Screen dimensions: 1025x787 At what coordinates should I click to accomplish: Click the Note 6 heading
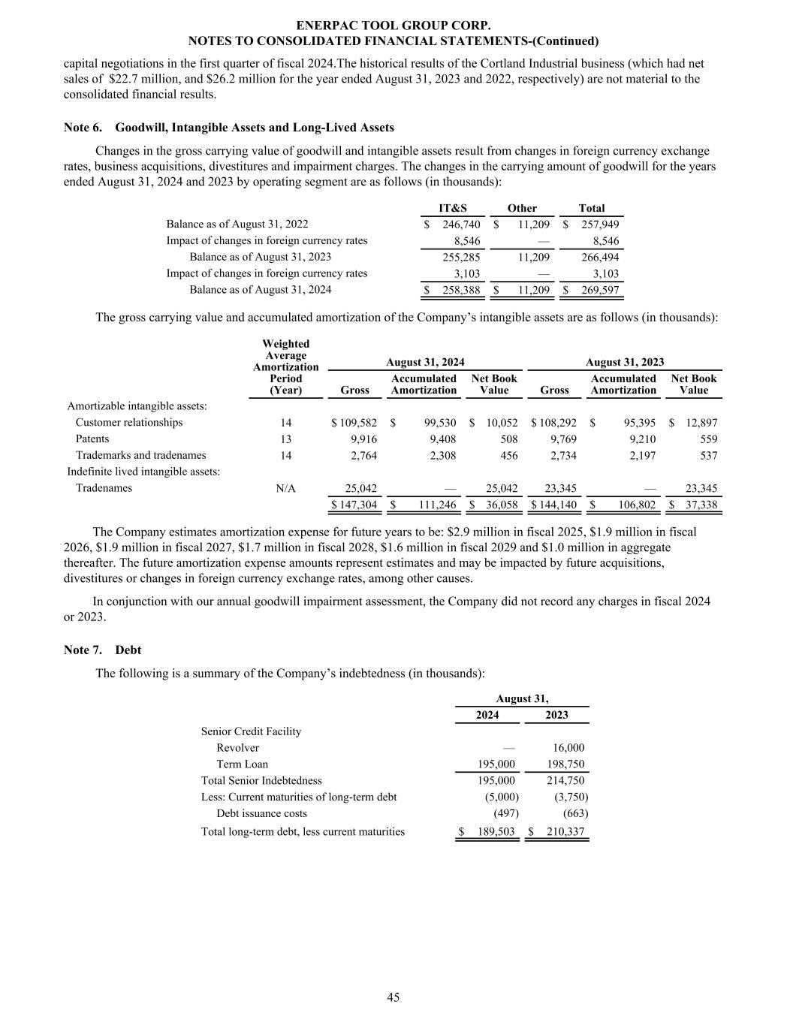point(228,128)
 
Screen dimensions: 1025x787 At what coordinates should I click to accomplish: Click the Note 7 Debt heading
point(102,650)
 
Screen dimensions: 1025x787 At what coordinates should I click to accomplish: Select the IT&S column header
point(452,208)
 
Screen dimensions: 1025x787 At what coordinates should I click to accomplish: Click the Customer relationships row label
point(128,422)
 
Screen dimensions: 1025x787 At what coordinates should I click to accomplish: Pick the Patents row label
point(92,439)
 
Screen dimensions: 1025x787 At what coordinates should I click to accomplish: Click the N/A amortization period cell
point(285,488)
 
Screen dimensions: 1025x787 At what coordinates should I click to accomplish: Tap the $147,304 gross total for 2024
point(354,505)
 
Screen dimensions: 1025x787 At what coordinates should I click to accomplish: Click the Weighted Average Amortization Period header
point(285,366)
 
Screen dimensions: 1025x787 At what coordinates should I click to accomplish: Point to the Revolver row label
point(237,747)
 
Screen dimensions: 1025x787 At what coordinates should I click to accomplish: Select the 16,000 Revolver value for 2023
point(568,747)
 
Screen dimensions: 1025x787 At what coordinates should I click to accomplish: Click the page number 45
point(393,997)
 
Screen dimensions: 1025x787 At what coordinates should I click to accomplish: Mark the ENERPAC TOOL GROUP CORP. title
point(393,26)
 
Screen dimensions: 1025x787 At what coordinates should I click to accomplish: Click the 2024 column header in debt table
point(487,715)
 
